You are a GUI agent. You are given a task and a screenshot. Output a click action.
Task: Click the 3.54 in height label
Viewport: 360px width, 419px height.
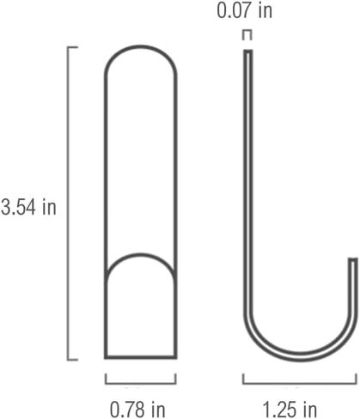point(28,207)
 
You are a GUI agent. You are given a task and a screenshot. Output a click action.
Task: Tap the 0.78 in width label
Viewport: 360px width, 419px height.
point(137,410)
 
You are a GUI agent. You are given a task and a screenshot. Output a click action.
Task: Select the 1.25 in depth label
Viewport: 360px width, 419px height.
point(290,410)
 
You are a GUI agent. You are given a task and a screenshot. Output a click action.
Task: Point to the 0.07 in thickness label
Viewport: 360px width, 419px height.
point(245,10)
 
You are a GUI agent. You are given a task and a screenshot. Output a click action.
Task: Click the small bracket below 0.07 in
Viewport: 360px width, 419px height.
point(247,31)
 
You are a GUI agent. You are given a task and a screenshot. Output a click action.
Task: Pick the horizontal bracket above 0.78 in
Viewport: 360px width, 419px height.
point(141,383)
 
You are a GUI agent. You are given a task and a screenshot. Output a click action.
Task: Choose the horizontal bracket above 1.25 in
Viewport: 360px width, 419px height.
point(300,383)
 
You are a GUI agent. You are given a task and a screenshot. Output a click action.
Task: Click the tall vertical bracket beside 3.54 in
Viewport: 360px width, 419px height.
point(68,203)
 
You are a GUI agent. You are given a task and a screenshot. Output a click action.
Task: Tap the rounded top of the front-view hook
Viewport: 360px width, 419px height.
point(140,46)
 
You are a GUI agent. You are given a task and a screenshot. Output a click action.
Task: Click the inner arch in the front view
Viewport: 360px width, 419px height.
point(140,254)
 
